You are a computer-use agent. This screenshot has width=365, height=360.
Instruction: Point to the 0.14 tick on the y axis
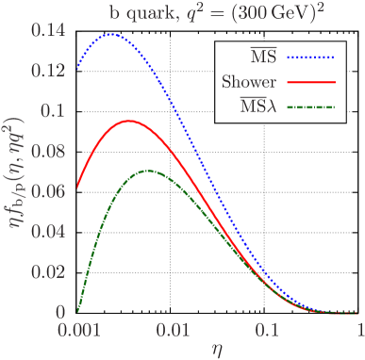tap(50, 30)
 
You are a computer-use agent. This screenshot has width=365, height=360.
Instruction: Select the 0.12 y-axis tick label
tap(50, 70)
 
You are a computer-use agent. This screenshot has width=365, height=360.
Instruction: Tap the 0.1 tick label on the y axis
tap(55, 110)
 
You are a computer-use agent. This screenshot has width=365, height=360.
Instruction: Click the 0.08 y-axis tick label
tap(50, 151)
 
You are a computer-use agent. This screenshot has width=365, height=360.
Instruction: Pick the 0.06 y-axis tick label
tap(50, 190)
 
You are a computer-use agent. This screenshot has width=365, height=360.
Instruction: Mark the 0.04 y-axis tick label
tap(50, 231)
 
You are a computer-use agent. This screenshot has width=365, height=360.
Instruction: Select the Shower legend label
tap(249, 82)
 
